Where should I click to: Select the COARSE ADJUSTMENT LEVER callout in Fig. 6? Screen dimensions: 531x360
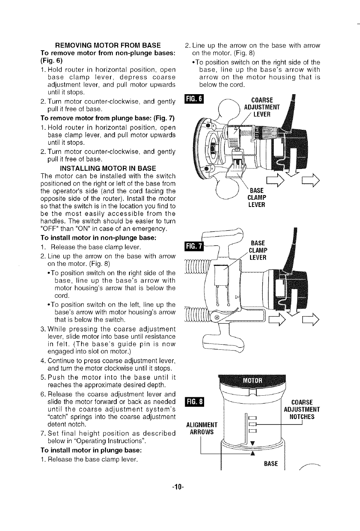coord(261,107)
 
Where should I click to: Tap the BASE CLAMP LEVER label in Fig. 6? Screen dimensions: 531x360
coord(256,197)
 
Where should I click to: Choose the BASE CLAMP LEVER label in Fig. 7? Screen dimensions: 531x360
coord(259,250)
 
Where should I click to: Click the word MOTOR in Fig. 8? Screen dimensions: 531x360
coord(252,381)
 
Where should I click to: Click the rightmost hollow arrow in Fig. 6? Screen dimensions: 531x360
coord(311,182)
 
